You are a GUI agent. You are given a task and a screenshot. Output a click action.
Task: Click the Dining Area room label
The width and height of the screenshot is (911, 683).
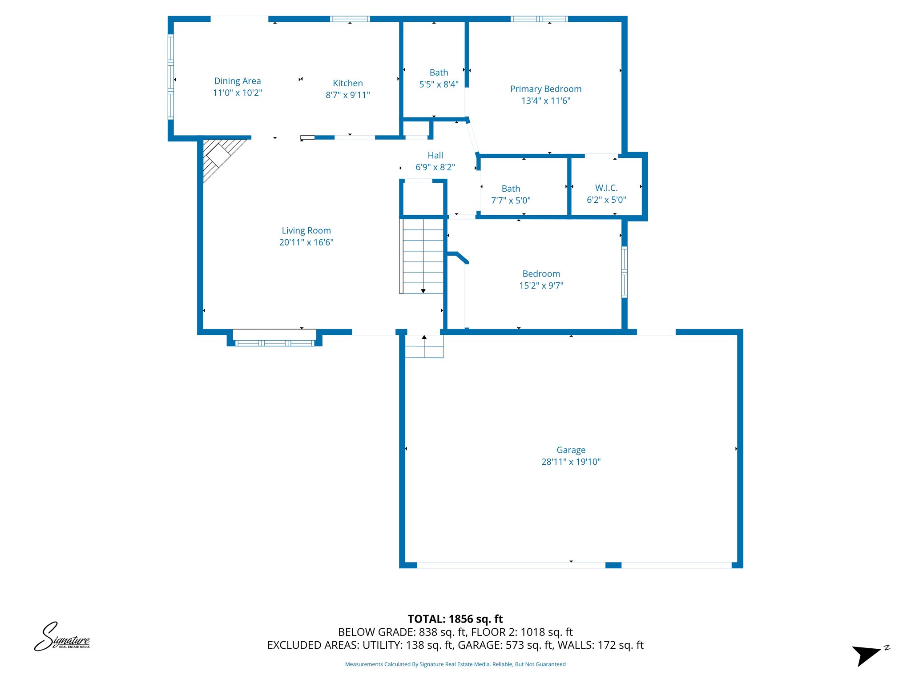pos(237,81)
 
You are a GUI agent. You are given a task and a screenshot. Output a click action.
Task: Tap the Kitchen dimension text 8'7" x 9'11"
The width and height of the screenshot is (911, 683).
pos(347,95)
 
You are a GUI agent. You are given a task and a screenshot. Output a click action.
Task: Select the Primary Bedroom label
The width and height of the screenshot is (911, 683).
pos(545,89)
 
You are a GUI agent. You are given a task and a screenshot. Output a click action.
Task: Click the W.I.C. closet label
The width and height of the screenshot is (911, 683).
pos(606,188)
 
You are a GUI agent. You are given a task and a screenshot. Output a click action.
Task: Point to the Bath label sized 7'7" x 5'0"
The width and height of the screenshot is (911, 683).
pos(510,189)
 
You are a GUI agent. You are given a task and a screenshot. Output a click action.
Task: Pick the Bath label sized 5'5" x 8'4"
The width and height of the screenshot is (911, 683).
pos(438,72)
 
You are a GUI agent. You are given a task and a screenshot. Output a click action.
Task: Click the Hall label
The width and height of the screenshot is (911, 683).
pos(435,156)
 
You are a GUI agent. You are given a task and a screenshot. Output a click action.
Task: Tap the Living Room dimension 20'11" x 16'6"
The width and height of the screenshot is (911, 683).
pos(306,242)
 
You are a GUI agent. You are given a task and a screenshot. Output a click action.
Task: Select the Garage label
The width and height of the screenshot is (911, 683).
pos(571,450)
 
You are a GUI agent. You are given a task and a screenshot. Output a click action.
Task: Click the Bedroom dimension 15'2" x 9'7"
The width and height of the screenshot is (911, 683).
pos(541,285)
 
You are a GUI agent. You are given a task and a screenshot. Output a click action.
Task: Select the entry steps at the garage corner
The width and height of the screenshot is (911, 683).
pos(424,346)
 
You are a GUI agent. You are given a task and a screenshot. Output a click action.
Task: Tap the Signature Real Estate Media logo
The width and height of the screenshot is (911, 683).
pos(62,637)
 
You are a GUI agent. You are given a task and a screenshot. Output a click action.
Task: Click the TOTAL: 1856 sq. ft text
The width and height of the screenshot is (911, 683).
pos(455,619)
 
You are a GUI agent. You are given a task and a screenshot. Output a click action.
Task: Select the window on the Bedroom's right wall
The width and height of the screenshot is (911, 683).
pos(624,272)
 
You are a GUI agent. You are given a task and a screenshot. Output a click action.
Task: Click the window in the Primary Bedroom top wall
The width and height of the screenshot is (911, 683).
pos(539,19)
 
